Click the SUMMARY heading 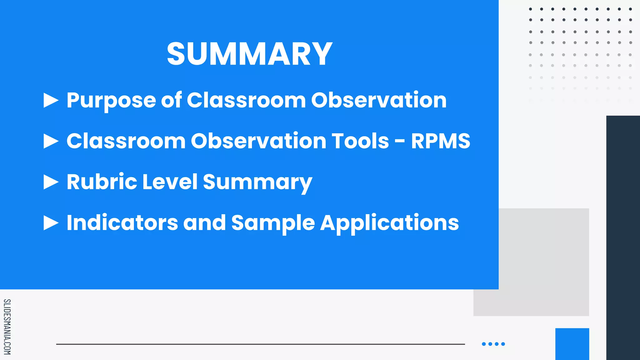tap(249, 54)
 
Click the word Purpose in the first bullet tap(111, 101)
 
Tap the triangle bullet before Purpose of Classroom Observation tap(51, 100)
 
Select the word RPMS tap(440, 141)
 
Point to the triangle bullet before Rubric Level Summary tap(51, 182)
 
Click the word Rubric tap(102, 182)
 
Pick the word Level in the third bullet tap(170, 182)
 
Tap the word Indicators tap(122, 223)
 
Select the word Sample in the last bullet tap(273, 223)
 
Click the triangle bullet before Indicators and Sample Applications tap(51, 223)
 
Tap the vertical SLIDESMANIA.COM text tap(7, 327)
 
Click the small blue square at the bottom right tap(572, 344)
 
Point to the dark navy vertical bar tap(623, 237)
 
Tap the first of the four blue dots tap(484, 344)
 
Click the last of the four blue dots tap(503, 344)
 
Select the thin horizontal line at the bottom tap(260, 344)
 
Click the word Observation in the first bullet tap(379, 101)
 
